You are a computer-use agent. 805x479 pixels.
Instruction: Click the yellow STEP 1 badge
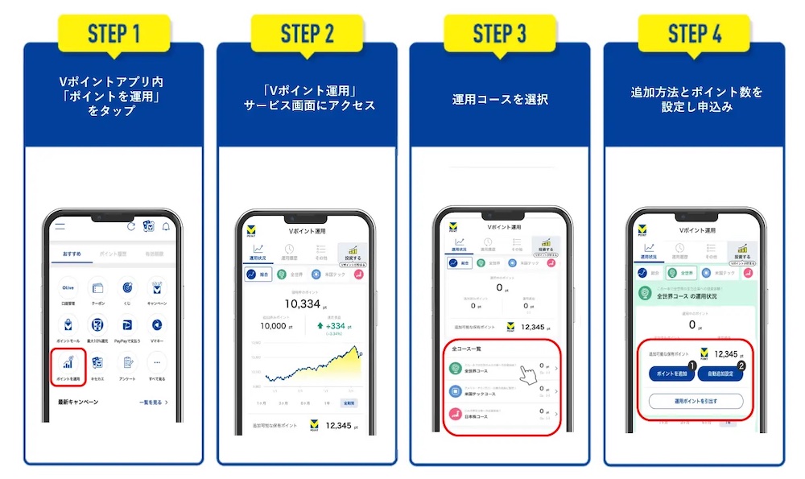[x=114, y=34]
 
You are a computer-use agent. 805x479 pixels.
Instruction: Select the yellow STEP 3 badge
[x=499, y=34]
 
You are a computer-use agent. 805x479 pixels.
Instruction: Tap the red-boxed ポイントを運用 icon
[x=68, y=365]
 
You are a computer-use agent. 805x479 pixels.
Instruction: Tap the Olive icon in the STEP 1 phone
[x=68, y=288]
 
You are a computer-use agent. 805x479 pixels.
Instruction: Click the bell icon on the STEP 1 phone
[x=167, y=227]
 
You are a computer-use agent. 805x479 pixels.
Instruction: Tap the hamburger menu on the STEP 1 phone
[x=60, y=227]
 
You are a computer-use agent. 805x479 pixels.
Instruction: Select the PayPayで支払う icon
[x=127, y=327]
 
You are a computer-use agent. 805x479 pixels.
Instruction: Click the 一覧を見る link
[x=153, y=402]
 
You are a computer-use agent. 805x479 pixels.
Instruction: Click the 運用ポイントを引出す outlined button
[x=696, y=400]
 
